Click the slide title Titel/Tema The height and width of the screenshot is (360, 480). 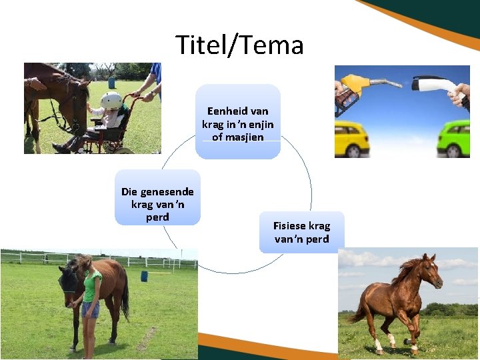click(240, 45)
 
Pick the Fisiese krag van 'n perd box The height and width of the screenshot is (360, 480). click(301, 232)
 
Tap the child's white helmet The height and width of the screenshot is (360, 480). click(111, 101)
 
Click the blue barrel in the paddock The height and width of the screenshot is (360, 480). click(144, 276)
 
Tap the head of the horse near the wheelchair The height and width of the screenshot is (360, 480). click(76, 100)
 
